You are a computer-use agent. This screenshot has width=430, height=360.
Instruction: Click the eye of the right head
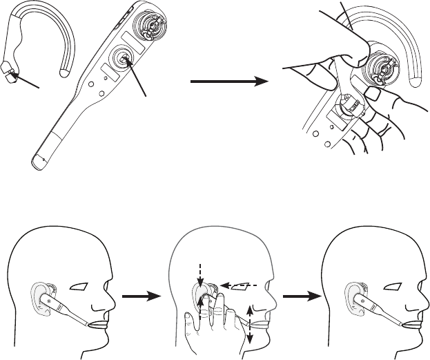tap(375, 286)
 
